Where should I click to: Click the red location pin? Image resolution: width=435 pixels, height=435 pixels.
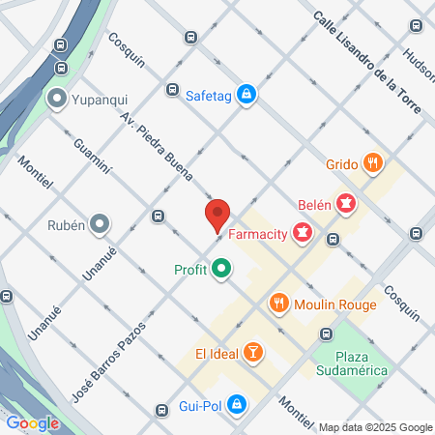click(x=217, y=215)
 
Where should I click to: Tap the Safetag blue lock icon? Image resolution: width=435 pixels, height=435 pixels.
click(x=248, y=93)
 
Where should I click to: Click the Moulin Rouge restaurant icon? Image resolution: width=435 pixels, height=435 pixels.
click(x=279, y=304)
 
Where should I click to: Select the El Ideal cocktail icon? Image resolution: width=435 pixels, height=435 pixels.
click(x=252, y=352)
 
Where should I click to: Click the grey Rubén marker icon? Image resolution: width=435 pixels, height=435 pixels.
click(x=101, y=225)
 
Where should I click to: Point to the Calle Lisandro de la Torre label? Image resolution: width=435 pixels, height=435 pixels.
click(x=367, y=63)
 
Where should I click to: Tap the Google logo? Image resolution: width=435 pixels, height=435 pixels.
click(x=32, y=422)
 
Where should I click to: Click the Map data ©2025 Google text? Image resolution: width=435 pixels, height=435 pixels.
click(x=376, y=427)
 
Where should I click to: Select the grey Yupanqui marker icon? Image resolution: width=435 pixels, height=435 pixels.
click(x=57, y=99)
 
